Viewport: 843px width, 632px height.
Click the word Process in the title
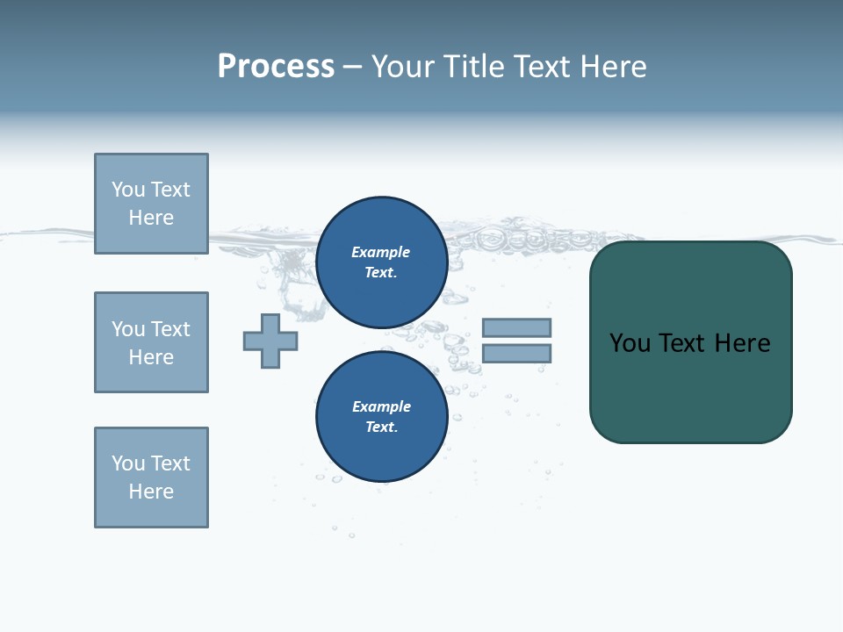coord(276,67)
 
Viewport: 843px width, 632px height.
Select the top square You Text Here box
coord(151,204)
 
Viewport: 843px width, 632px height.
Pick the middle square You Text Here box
coord(151,342)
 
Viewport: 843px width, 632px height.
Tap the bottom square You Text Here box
coord(151,478)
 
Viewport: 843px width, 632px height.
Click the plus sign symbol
coord(270,341)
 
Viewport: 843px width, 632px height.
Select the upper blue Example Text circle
coord(382,262)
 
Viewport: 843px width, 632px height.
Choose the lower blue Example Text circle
coord(382,417)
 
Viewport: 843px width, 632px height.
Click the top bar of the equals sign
coord(516,327)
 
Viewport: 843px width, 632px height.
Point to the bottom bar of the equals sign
coord(516,354)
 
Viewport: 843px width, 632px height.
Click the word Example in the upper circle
coord(381,252)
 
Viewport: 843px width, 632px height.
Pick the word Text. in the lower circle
coord(381,427)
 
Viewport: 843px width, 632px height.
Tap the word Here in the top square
coord(151,218)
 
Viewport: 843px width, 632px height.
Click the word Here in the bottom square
coord(151,492)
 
